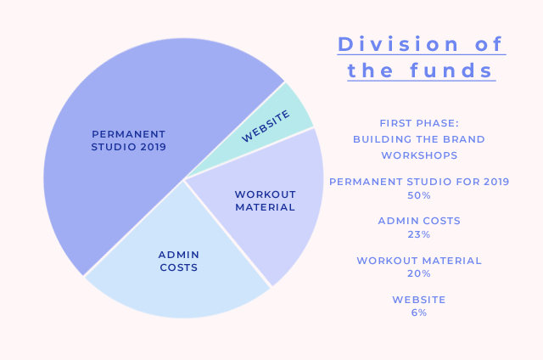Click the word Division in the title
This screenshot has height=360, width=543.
[398, 44]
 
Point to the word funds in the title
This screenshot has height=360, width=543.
[451, 70]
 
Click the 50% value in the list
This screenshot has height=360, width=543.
[419, 195]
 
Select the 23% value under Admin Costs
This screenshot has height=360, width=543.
[419, 234]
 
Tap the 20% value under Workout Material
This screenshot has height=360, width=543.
[419, 273]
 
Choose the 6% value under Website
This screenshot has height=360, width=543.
[419, 313]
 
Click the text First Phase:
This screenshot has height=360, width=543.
[419, 123]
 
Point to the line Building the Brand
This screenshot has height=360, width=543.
[419, 139]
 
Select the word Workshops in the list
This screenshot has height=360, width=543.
[419, 155]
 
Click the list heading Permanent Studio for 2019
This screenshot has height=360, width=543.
[419, 182]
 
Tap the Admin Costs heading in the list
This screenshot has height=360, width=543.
[419, 221]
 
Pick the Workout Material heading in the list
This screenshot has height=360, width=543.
[419, 261]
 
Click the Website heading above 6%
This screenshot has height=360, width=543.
[419, 300]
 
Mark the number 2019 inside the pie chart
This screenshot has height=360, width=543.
[153, 147]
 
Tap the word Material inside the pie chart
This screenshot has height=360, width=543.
[266, 207]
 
